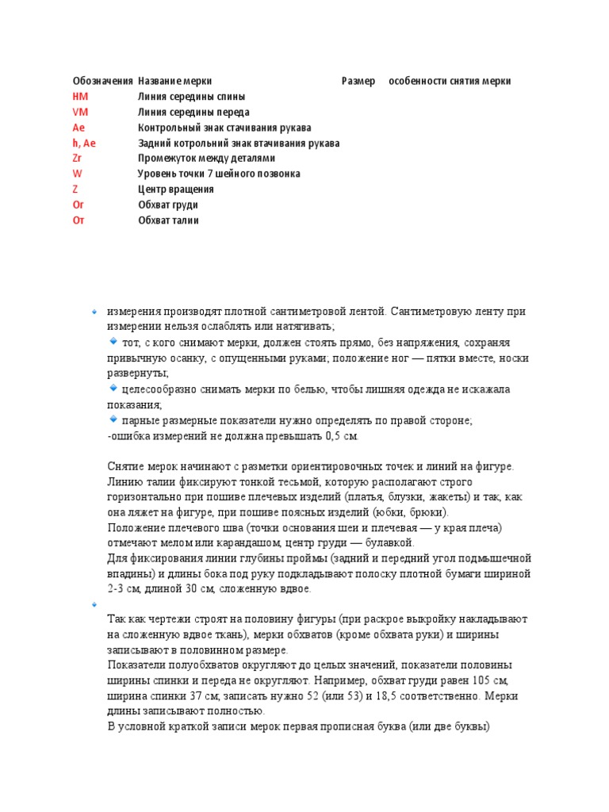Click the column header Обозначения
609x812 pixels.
coord(102,81)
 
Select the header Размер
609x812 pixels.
coord(358,81)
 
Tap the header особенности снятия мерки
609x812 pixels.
coord(450,81)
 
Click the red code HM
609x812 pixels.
coord(79,97)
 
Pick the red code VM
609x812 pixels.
coord(79,112)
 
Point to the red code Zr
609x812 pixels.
coord(77,159)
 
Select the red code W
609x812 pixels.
coord(77,174)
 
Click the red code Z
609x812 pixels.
coord(75,190)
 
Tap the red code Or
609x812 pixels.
coord(78,205)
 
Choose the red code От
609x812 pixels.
coord(78,220)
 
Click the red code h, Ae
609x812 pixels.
coord(84,143)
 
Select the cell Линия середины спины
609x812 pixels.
coord(191,97)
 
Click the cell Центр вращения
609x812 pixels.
coord(175,190)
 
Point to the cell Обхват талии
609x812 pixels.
coord(168,220)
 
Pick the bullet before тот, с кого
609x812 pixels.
coord(113,341)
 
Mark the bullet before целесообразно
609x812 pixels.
coord(113,389)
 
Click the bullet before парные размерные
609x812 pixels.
coord(113,419)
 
